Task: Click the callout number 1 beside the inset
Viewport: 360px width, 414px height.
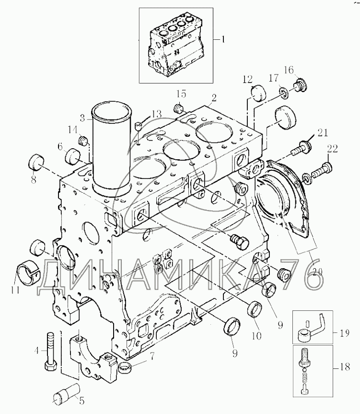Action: [223, 40]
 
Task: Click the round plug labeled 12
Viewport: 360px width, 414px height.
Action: [258, 93]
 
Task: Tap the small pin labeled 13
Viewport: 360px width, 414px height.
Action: [139, 126]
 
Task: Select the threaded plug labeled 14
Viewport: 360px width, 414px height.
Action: [83, 140]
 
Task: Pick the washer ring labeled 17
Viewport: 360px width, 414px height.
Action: [284, 94]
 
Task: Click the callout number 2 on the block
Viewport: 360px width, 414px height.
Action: [214, 98]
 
